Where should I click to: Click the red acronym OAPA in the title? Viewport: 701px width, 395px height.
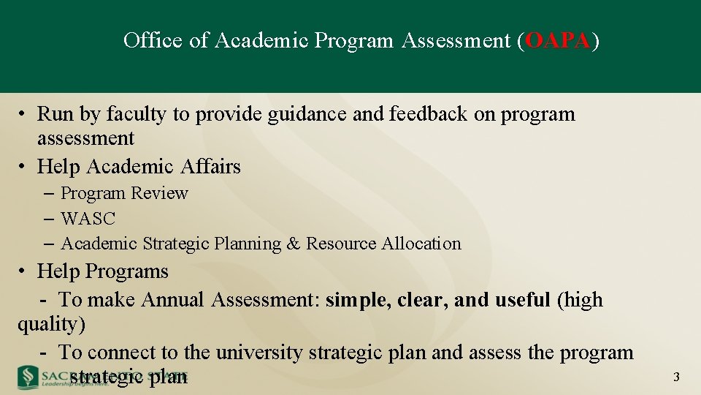pyautogui.click(x=557, y=40)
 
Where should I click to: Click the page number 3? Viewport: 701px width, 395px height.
pyautogui.click(x=676, y=377)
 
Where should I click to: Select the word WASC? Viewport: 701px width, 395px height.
pyautogui.click(x=88, y=219)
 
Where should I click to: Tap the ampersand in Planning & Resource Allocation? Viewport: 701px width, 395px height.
pyautogui.click(x=293, y=244)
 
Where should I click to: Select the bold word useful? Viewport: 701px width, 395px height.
pyautogui.click(x=522, y=300)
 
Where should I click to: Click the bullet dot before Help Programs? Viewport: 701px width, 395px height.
pyautogui.click(x=24, y=271)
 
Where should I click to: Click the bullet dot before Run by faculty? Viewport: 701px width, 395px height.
pyautogui.click(x=24, y=115)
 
